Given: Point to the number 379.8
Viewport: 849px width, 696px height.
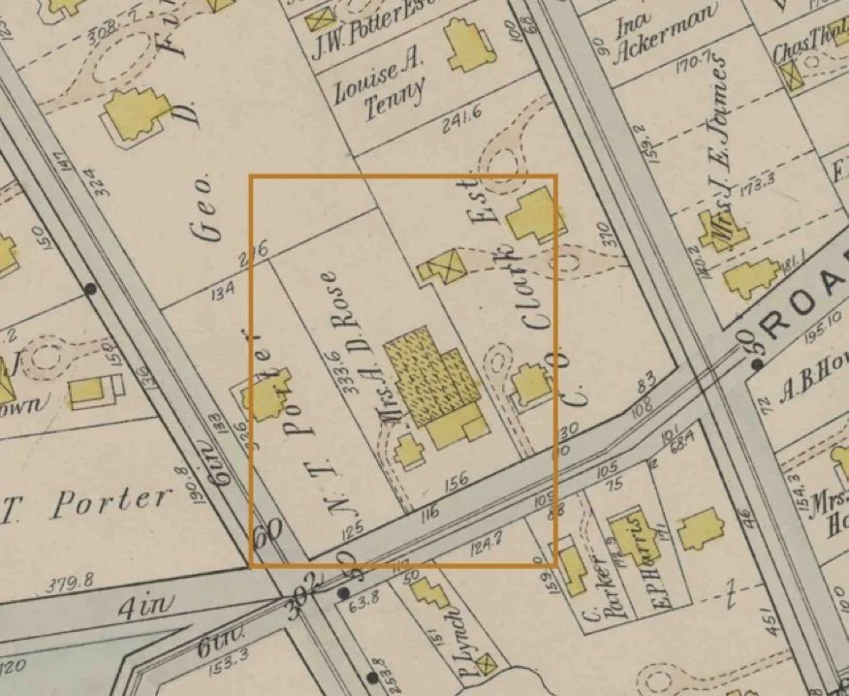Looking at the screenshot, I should click(x=68, y=583).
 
